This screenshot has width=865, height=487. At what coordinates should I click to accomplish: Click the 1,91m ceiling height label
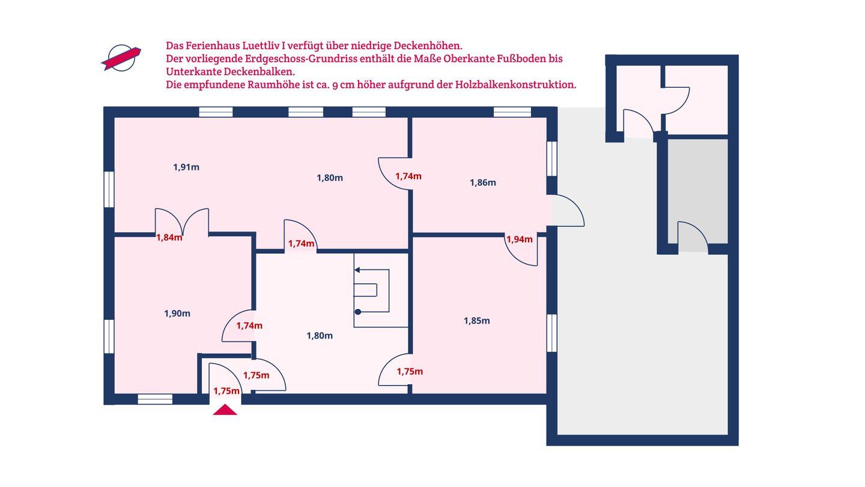[x=186, y=167]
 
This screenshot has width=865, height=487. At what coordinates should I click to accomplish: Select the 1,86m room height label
[x=483, y=182]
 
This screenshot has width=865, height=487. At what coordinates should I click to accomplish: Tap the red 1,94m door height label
[x=520, y=239]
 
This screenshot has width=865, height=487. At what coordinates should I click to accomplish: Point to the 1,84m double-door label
[x=169, y=237]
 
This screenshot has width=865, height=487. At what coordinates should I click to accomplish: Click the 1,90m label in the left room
[x=177, y=313]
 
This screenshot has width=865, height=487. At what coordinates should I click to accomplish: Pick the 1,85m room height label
[x=476, y=321]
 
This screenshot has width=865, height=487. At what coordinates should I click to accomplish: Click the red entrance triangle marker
[x=225, y=410]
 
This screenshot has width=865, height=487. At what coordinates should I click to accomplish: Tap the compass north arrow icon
[x=121, y=58]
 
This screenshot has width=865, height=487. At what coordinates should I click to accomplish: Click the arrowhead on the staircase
[x=357, y=270]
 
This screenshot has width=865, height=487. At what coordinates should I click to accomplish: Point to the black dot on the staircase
[x=358, y=312]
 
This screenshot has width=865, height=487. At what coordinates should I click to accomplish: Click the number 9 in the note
[x=335, y=85]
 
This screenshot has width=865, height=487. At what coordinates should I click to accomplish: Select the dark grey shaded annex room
[x=698, y=191]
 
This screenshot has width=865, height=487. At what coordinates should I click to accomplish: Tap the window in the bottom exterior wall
[x=155, y=399]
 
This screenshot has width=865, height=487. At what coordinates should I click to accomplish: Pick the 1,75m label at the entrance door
[x=226, y=391]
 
